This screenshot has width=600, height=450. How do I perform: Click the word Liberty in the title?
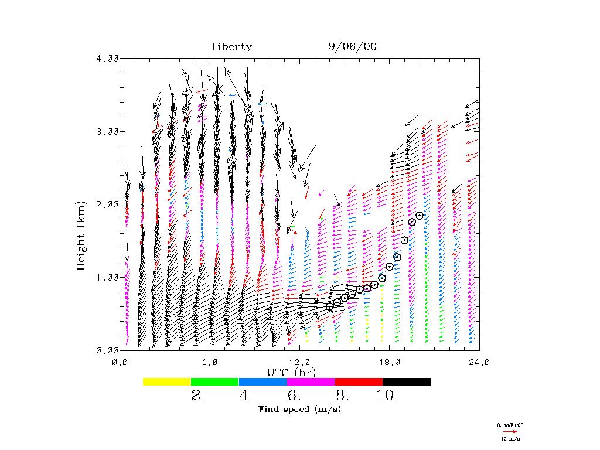click(231, 47)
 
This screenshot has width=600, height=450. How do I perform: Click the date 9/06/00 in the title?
click(353, 47)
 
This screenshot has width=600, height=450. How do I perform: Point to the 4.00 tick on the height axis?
click(107, 58)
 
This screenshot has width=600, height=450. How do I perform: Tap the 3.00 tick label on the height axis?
click(107, 131)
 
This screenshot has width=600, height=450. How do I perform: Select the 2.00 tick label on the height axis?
click(107, 204)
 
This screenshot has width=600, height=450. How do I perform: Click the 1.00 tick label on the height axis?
click(107, 277)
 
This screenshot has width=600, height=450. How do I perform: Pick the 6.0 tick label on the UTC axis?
click(210, 363)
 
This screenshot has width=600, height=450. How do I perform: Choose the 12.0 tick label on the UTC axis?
click(300, 363)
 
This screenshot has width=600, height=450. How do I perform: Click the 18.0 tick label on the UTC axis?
click(390, 363)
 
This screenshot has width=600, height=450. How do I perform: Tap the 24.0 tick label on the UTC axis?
click(479, 363)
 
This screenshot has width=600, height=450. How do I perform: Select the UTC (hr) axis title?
click(291, 373)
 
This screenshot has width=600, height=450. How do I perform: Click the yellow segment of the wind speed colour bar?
click(167, 381)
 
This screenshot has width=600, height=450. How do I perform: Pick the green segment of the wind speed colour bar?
click(215, 381)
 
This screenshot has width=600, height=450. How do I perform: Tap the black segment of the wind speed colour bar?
click(407, 381)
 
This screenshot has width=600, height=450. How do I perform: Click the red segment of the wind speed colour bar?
click(359, 381)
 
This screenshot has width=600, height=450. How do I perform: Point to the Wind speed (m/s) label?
click(299, 409)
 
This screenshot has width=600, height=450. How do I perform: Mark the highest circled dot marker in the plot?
click(420, 216)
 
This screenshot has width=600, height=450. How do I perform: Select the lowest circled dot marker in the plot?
click(330, 306)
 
